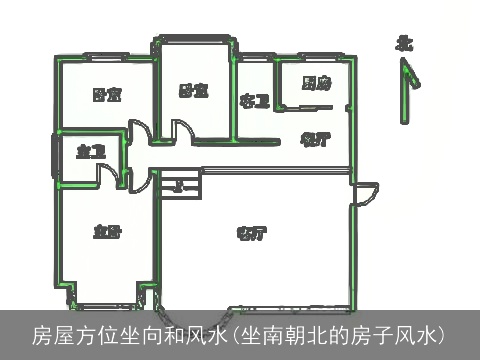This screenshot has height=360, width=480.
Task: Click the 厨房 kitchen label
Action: tap(316, 85)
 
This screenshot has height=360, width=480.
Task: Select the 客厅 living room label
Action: tap(250, 234)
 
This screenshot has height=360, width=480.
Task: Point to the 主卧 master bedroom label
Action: tap(107, 232)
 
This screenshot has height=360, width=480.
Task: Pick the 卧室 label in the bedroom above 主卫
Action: tap(107, 95)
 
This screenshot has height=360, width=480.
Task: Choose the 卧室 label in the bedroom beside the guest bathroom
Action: tap(193, 91)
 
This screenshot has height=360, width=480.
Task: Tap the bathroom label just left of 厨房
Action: tap(255, 100)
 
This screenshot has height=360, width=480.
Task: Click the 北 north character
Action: tap(404, 43)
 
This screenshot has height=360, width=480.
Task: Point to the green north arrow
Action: tap(405, 90)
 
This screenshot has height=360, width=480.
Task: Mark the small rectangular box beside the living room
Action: tap(181, 184)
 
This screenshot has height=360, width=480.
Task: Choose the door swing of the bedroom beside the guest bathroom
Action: tap(182, 130)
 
